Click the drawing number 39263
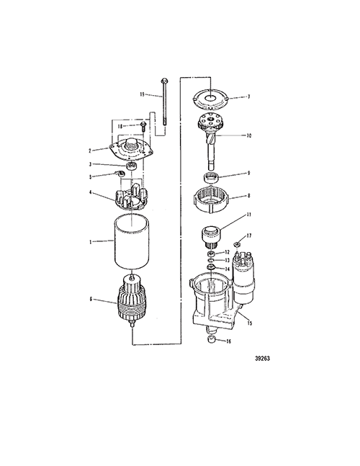click(263, 359)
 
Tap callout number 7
click(249, 97)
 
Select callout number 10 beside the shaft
click(249, 135)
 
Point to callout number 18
click(120, 126)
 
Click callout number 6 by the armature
click(91, 299)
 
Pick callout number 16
click(228, 341)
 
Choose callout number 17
click(249, 236)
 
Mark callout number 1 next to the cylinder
click(91, 242)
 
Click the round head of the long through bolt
click(164, 81)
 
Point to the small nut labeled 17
click(237, 244)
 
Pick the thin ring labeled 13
click(211, 260)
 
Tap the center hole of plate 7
click(210, 97)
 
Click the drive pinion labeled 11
click(211, 237)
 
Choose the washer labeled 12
click(212, 254)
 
